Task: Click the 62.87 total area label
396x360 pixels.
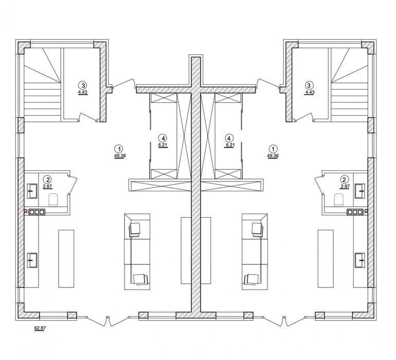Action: point(40,328)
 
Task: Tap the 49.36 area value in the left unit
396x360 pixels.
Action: point(120,156)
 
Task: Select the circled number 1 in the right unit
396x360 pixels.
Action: point(273,148)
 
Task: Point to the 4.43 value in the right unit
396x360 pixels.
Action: point(310,92)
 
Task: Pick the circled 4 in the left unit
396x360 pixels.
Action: point(163,138)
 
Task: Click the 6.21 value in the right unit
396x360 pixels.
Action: point(229,145)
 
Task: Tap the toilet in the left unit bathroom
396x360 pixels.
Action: point(53,200)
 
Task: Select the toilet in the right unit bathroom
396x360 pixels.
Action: point(339,200)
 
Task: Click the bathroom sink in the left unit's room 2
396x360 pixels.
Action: point(32,191)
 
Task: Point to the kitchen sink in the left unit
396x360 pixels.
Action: point(32,260)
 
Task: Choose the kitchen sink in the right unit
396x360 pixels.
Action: point(359,260)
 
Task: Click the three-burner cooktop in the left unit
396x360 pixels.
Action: point(37,212)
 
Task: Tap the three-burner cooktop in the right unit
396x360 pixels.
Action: point(355,212)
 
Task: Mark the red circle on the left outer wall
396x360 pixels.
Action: point(26,210)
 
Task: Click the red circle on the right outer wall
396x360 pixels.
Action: point(366,210)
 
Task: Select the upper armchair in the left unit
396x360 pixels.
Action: point(135,229)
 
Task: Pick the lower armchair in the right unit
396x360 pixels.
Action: point(251,279)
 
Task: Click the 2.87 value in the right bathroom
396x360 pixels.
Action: point(345,186)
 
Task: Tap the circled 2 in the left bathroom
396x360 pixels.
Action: point(47,179)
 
